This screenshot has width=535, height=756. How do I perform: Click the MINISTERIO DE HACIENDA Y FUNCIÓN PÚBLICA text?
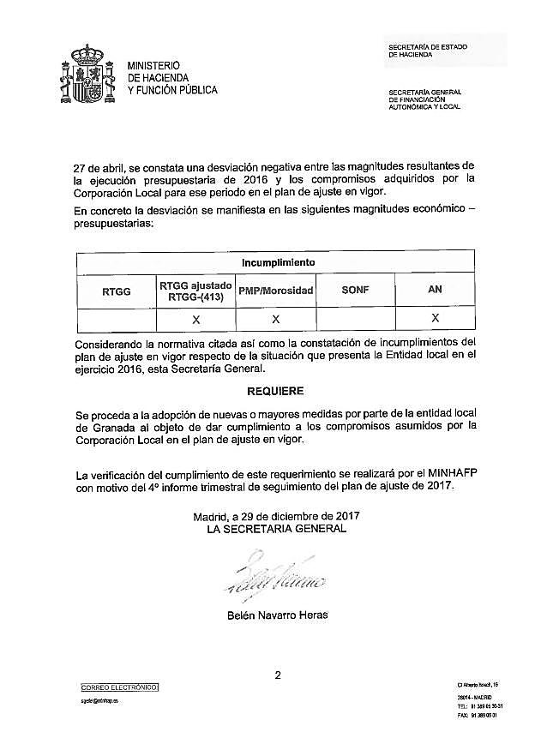pyautogui.click(x=171, y=77)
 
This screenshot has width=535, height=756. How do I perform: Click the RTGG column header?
pyautogui.click(x=116, y=291)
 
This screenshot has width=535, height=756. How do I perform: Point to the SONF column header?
pyautogui.click(x=355, y=291)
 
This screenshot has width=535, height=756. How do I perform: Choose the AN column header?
pyautogui.click(x=435, y=290)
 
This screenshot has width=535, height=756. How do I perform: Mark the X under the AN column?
pyautogui.click(x=435, y=318)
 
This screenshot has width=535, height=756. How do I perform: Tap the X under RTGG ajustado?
pyautogui.click(x=195, y=319)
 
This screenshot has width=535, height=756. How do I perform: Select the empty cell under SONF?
pyautogui.click(x=355, y=319)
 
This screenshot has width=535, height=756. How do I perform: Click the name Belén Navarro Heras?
pyautogui.click(x=276, y=615)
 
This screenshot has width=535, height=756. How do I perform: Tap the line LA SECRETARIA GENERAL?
pyautogui.click(x=276, y=529)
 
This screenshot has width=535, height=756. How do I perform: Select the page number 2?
pyautogui.click(x=278, y=675)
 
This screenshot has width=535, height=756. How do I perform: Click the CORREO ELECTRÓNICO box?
pyautogui.click(x=120, y=687)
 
